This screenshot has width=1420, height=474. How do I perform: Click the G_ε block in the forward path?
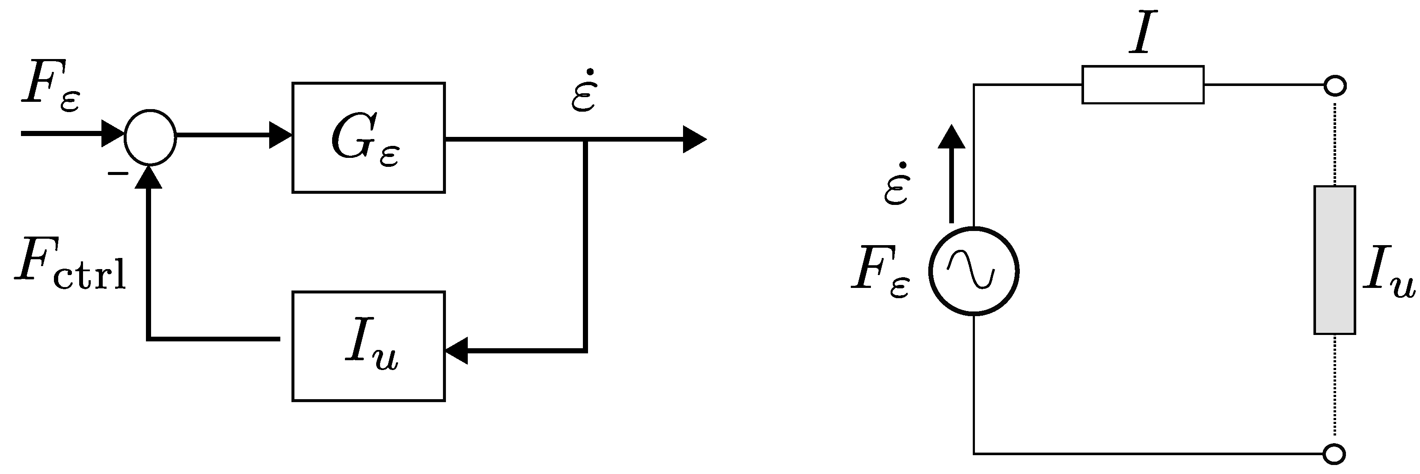368,138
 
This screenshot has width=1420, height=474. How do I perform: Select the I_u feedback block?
368,346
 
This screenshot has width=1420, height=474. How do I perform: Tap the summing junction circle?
150,137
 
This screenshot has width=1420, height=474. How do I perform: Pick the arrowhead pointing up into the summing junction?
149,178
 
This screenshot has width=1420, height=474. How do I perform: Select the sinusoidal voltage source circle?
974,271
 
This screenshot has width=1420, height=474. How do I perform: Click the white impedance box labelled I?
1143,85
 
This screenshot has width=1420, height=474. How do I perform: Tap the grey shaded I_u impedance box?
1334,260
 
